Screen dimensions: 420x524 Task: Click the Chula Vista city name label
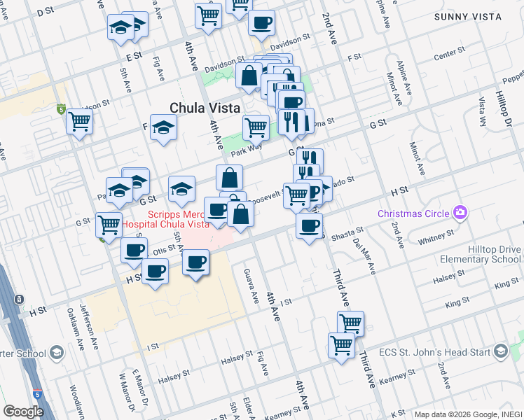point(205,108)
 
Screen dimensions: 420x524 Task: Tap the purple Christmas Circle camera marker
point(460,212)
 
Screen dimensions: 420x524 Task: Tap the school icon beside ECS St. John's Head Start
point(500,351)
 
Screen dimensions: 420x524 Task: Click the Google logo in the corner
point(23,411)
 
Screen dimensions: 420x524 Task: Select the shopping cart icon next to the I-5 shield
point(79,121)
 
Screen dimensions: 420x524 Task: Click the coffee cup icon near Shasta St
point(309,225)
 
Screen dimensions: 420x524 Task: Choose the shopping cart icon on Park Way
point(256,127)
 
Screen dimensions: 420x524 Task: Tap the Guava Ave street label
point(247,286)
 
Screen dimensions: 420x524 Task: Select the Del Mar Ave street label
point(366,253)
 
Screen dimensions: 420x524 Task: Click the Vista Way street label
point(483,111)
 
